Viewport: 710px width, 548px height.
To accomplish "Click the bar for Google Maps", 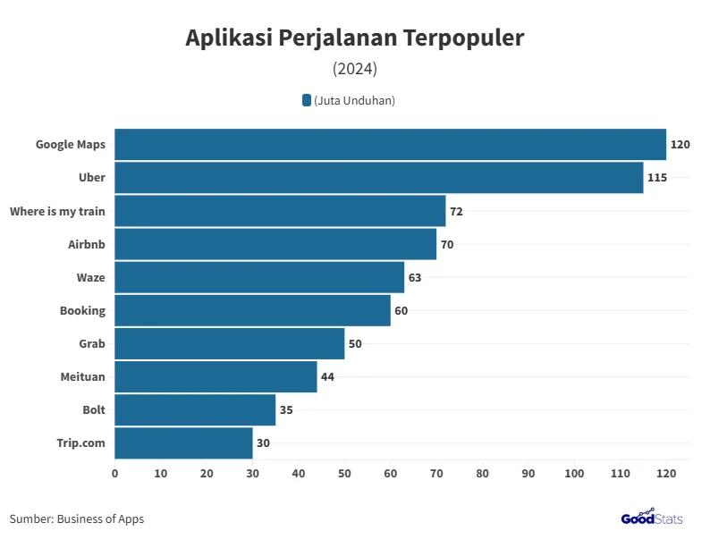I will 390,144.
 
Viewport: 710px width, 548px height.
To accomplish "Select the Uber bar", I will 378,177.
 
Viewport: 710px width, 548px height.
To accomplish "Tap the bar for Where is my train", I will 280,211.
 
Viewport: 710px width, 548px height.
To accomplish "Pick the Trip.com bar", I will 183,443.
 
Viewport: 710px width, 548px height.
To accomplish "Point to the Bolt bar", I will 195,409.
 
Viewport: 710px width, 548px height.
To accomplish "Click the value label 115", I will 657,177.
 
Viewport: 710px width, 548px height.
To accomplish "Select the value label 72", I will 456,211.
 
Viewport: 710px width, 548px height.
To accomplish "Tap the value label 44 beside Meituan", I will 327,376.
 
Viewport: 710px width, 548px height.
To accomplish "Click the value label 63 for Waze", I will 414,277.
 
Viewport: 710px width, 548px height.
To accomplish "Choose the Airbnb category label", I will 87,244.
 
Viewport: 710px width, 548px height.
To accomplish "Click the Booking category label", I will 82,310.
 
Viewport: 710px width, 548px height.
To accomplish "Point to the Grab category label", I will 92,343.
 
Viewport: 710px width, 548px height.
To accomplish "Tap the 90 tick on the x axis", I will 528,473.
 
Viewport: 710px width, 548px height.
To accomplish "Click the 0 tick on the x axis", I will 114,473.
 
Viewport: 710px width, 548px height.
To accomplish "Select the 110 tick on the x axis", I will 621,473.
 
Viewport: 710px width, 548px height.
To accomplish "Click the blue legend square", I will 307,100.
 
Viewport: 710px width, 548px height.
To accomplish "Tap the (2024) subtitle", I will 355,69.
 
